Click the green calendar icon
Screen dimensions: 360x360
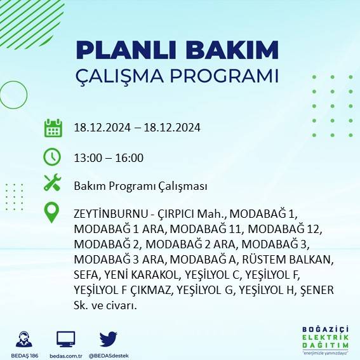[x=53, y=128]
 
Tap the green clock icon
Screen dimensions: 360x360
[x=52, y=156]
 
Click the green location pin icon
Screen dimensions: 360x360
[x=52, y=213]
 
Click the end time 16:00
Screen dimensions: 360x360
[x=130, y=158]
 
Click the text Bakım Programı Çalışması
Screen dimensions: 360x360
[x=140, y=186]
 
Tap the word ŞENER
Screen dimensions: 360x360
[x=316, y=290]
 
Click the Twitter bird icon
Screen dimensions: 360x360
[x=109, y=338]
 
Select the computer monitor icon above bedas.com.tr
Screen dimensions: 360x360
[x=66, y=338]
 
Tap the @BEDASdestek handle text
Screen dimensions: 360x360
[x=108, y=355]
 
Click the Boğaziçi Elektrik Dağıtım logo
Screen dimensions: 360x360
[x=326, y=340]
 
